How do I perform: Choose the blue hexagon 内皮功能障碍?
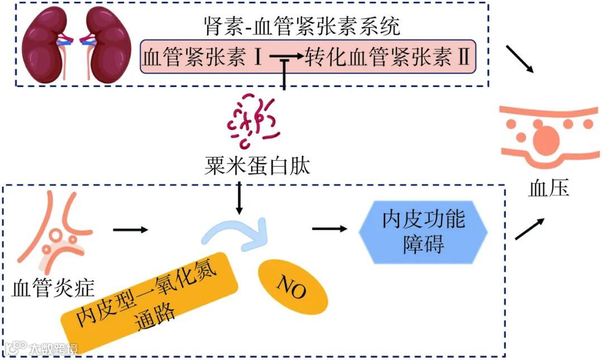(x=423, y=233)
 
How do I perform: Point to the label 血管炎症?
(x=53, y=288)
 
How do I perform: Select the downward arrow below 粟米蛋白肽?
(x=240, y=198)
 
